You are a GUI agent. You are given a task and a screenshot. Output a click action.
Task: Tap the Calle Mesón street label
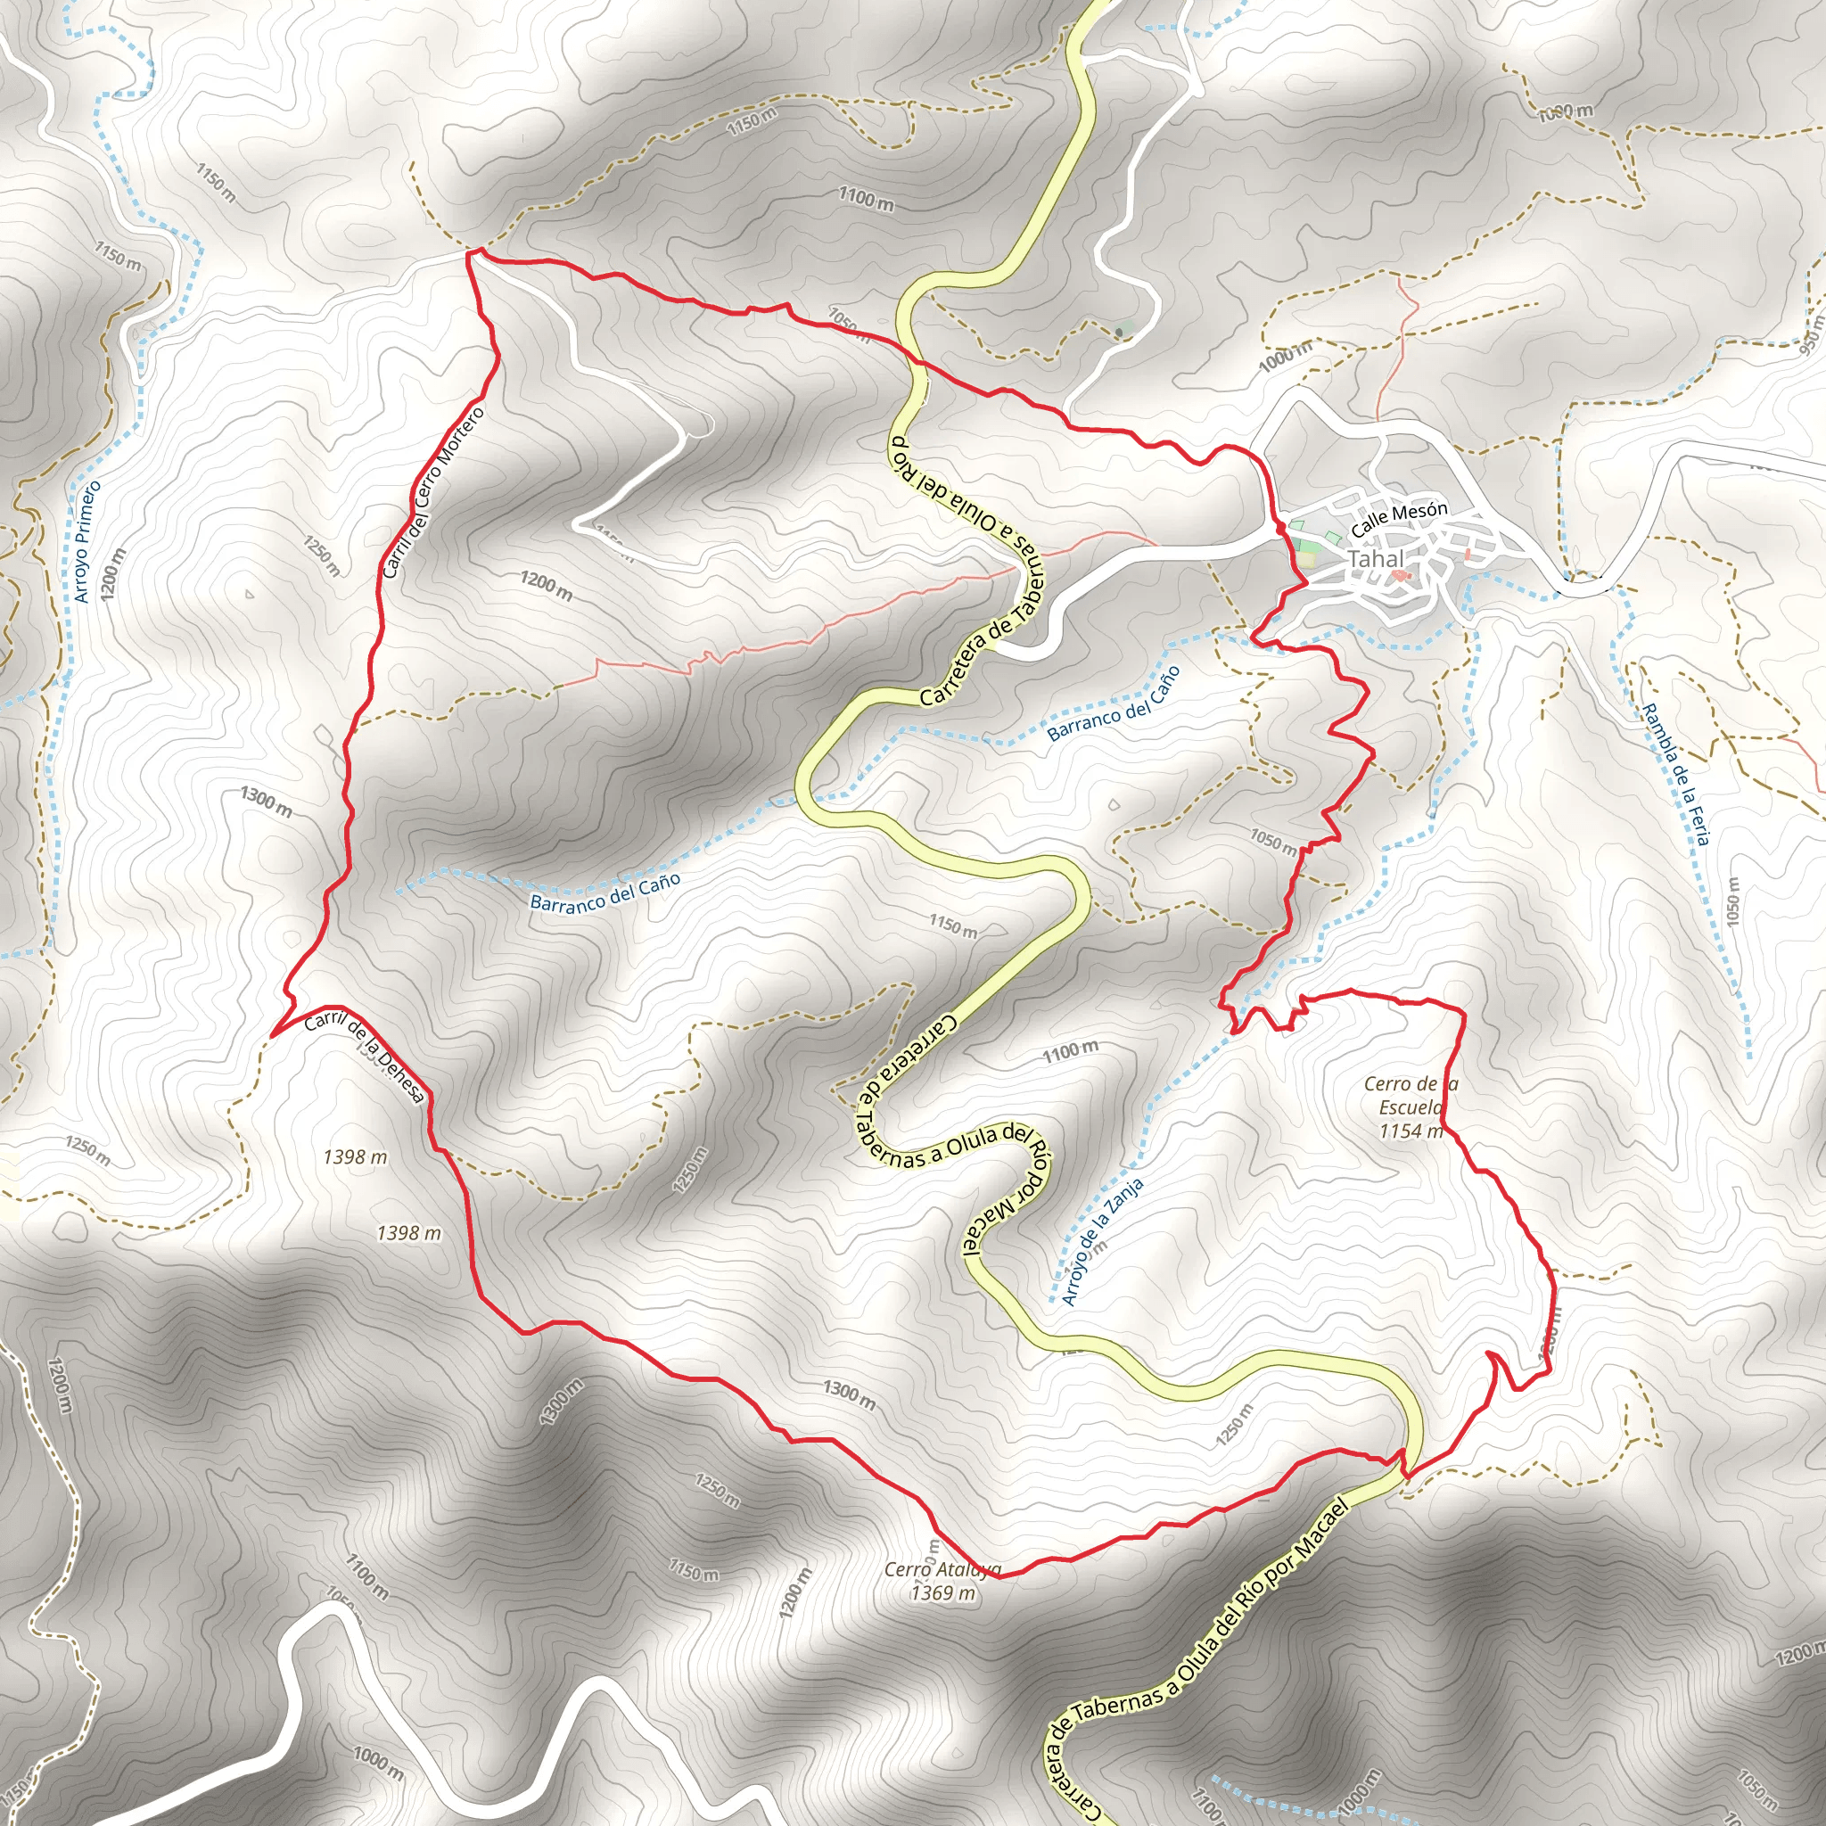tap(1399, 518)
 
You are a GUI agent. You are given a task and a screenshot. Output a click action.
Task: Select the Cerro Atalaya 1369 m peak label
tap(942, 1581)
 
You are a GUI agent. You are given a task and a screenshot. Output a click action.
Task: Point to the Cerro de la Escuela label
tap(1411, 1106)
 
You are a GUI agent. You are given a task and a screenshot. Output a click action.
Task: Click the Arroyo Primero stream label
tap(87, 541)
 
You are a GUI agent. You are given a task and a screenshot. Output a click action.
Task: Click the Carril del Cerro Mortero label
tap(432, 492)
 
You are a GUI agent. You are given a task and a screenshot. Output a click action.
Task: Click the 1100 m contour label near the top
tap(866, 199)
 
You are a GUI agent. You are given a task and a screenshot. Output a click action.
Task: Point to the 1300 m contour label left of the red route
tap(266, 801)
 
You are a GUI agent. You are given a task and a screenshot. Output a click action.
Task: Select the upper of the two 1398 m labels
tap(355, 1156)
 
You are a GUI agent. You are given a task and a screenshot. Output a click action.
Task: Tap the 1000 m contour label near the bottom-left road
tap(378, 1760)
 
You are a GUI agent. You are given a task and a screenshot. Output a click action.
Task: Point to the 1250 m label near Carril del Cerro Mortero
tap(322, 555)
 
